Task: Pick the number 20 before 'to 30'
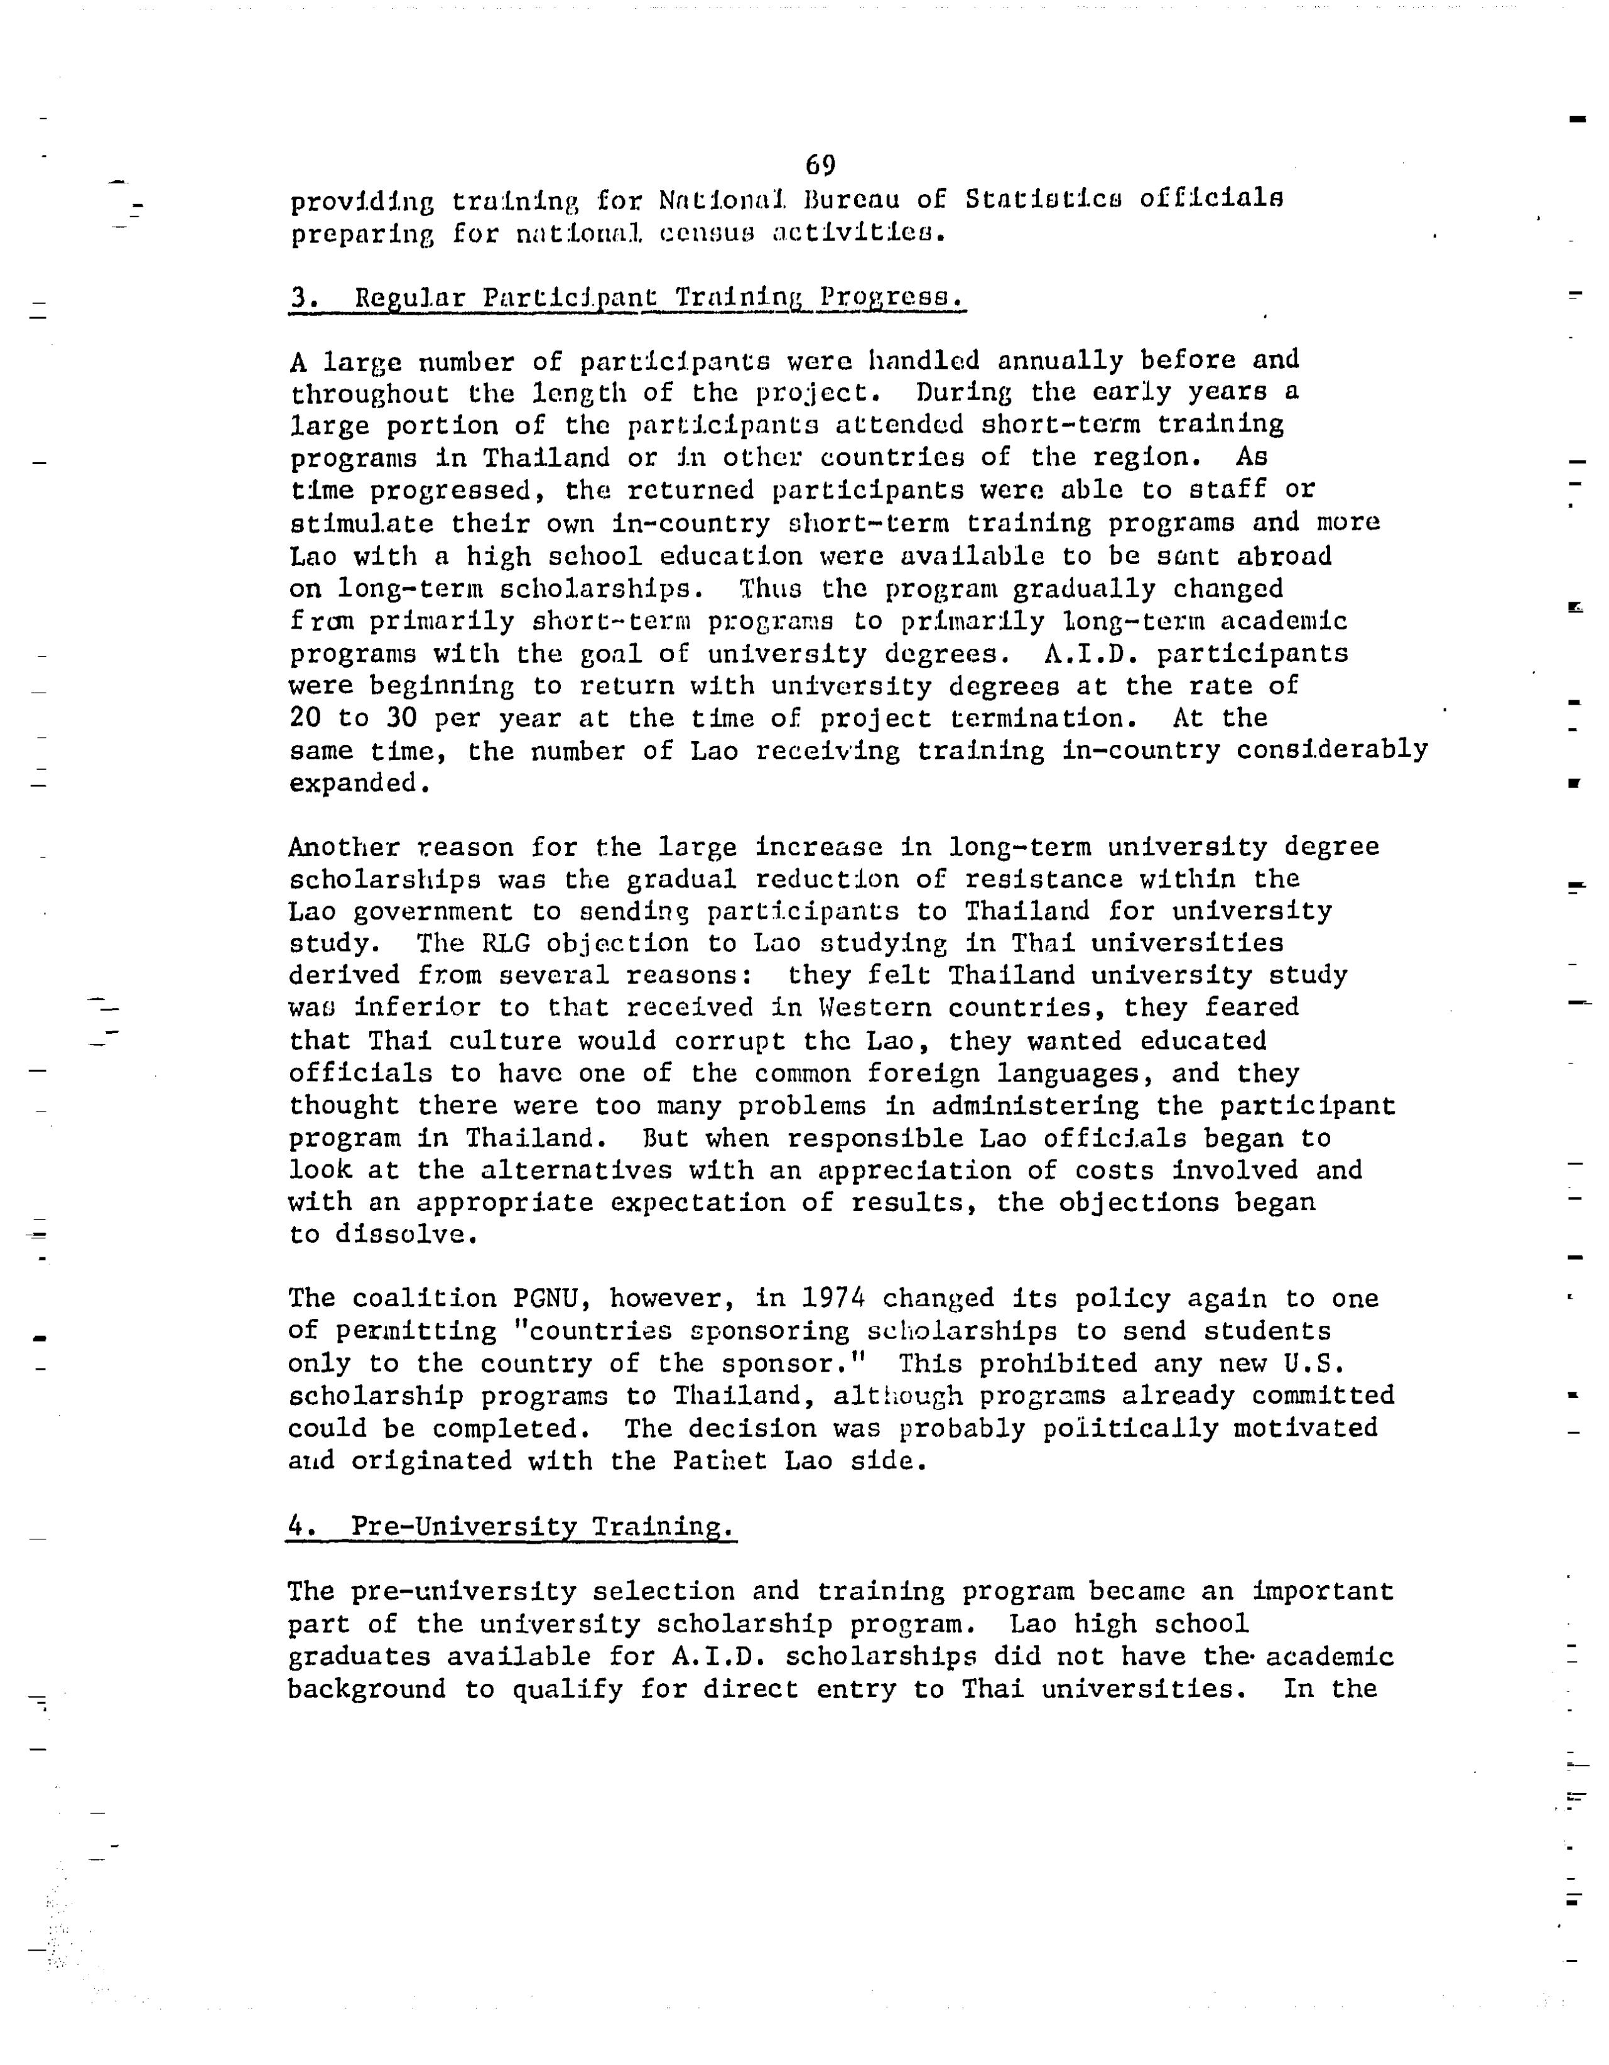(x=305, y=718)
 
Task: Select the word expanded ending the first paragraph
(x=354, y=784)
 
